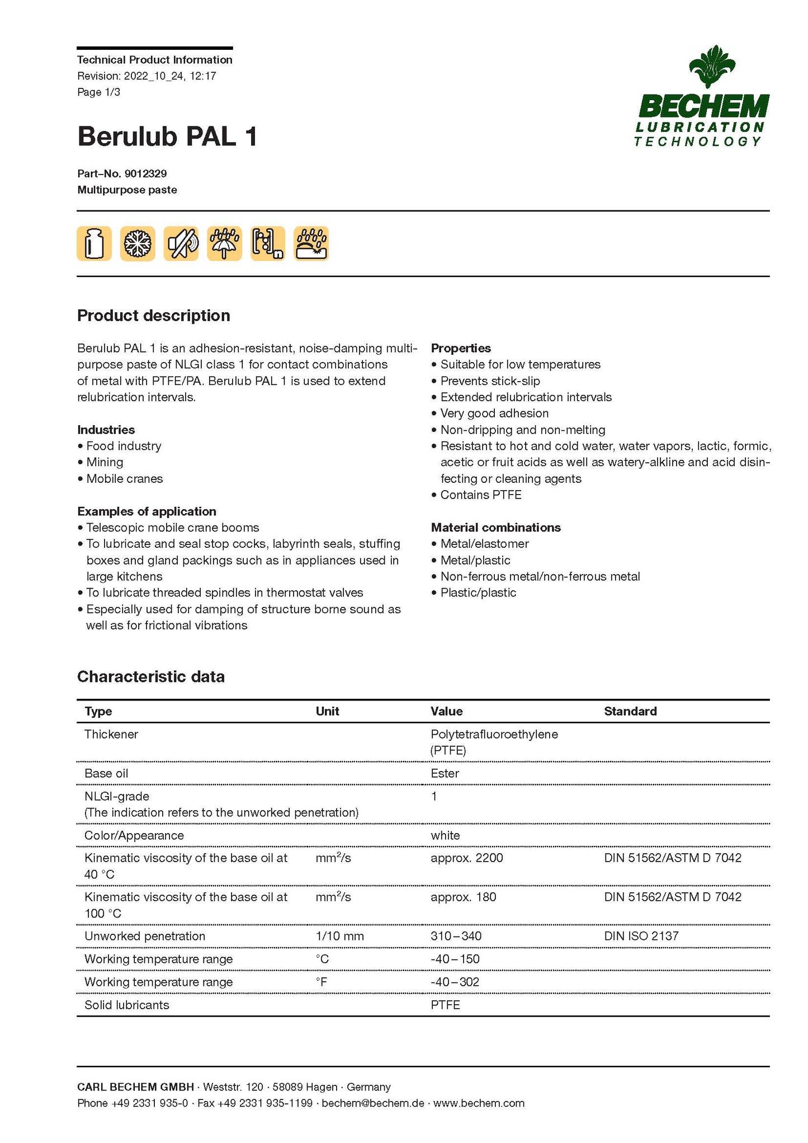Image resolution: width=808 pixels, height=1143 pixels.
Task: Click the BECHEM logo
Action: tap(702, 97)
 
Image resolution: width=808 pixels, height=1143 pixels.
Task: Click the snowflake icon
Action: tap(138, 244)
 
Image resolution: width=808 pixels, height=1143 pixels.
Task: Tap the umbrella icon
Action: tap(224, 244)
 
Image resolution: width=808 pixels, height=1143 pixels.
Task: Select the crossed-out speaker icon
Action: tap(181, 244)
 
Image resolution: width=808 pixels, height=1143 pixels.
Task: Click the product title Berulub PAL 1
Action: tap(167, 137)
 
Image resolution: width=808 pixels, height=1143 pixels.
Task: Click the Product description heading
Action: tap(154, 316)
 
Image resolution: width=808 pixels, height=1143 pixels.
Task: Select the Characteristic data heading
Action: tap(151, 676)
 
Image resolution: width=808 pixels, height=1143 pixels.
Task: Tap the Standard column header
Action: tap(630, 711)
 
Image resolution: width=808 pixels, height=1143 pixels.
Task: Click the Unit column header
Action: tap(327, 711)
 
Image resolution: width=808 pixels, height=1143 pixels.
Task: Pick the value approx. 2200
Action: tap(467, 858)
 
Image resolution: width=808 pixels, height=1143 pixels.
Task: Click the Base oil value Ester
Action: tap(445, 773)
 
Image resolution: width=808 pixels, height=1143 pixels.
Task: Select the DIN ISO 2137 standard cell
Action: tap(641, 936)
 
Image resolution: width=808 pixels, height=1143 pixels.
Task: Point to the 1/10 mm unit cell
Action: tap(339, 936)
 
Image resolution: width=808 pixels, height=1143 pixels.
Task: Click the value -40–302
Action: tap(455, 982)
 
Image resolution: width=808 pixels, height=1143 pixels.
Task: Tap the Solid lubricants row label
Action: tap(127, 1005)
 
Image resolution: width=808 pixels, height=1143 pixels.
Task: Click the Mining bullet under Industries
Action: tap(105, 462)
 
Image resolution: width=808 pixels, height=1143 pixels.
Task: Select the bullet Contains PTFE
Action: tap(480, 495)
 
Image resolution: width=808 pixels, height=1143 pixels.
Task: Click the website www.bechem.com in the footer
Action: tap(479, 1103)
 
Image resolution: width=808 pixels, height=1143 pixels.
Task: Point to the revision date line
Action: tap(147, 76)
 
